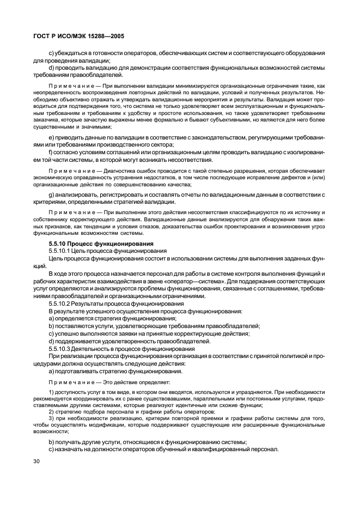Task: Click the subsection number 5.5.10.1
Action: pyautogui.click(x=61, y=250)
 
